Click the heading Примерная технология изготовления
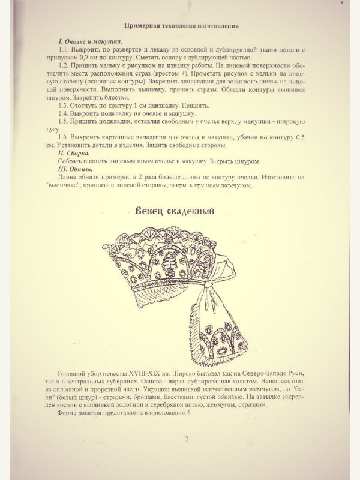pyautogui.click(x=181, y=26)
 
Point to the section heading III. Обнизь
pyautogui.click(x=76, y=169)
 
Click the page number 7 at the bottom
pyautogui.click(x=187, y=439)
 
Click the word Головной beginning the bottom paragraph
pyautogui.click(x=72, y=373)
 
